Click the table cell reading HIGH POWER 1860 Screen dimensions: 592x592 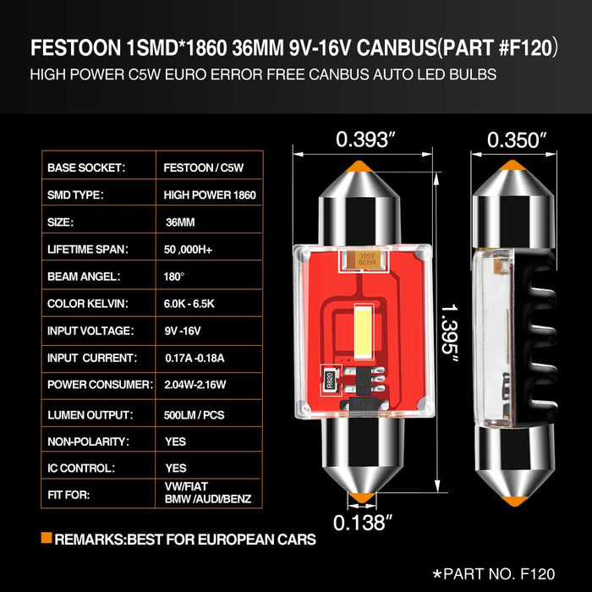pos(210,195)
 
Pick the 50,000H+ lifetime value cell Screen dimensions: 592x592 pos(195,249)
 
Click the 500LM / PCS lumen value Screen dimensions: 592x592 pos(200,414)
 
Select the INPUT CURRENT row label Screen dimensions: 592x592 pos(91,359)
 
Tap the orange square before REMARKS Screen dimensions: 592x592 pos(46,538)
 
